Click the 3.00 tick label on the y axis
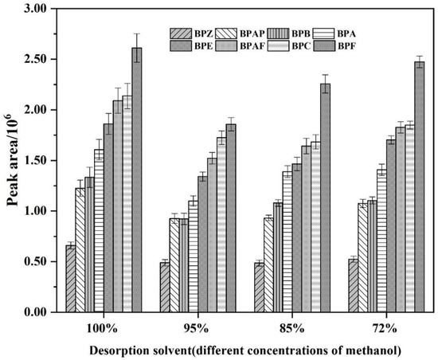click(x=37, y=9)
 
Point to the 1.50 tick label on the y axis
click(x=37, y=160)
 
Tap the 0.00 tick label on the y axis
click(x=37, y=312)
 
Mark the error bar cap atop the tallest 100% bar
click(x=136, y=33)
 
